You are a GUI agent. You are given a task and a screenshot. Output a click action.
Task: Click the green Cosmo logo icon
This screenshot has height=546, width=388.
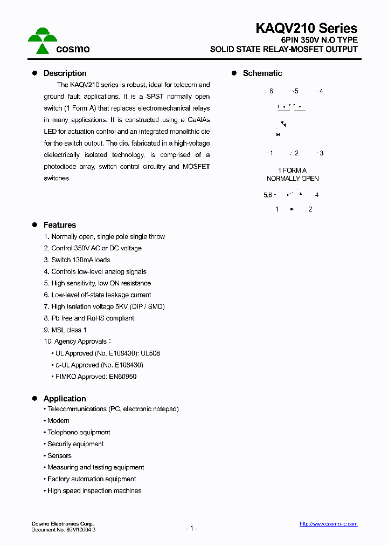[43, 42]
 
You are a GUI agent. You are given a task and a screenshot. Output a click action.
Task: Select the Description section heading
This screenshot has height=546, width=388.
[65, 73]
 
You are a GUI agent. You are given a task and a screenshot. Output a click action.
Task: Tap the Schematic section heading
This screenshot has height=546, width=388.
[262, 73]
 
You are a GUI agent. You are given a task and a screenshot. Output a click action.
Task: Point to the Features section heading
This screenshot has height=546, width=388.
[59, 225]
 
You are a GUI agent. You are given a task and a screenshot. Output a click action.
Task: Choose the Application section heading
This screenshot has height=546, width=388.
[65, 399]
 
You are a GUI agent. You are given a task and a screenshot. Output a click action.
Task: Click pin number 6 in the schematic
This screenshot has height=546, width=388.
[271, 91]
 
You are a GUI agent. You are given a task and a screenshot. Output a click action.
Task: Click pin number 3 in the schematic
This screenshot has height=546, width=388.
[321, 153]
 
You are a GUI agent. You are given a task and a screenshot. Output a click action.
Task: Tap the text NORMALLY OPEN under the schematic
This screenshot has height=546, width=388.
[293, 179]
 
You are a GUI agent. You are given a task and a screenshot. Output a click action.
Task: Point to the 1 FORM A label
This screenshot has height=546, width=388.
[292, 170]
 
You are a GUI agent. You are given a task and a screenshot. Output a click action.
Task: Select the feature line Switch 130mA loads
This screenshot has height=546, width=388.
[77, 260]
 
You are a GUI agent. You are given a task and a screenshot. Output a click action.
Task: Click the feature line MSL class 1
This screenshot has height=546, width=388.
[65, 330]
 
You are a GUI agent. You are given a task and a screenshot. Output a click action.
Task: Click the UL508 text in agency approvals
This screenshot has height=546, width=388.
[150, 353]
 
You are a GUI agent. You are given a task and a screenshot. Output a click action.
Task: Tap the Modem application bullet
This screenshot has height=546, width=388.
[58, 421]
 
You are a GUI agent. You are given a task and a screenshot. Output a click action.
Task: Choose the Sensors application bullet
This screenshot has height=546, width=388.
[59, 456]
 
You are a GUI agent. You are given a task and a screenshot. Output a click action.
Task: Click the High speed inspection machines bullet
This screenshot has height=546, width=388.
[94, 491]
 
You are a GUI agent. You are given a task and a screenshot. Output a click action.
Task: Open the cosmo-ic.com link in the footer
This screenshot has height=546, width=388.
[328, 524]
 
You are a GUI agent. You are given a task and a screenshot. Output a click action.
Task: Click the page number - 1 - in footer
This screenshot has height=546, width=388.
[191, 529]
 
